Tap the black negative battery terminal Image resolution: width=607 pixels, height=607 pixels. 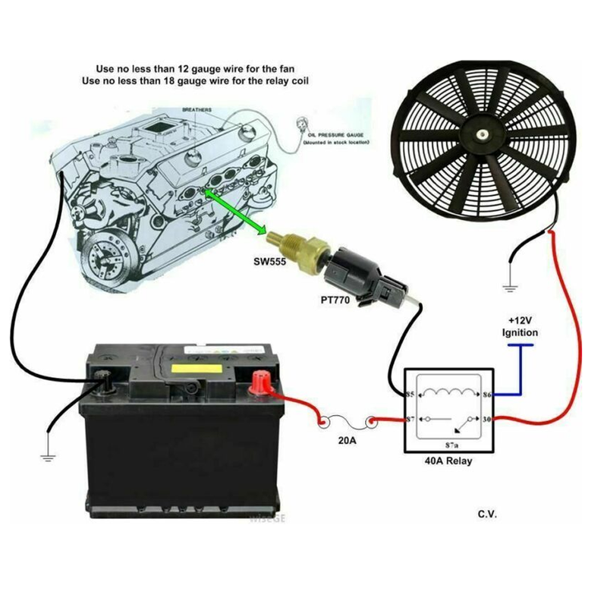103,377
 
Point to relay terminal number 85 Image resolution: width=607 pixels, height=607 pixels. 410,395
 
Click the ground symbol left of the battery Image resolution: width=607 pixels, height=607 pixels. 49,456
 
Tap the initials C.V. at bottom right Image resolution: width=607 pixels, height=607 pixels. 487,515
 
